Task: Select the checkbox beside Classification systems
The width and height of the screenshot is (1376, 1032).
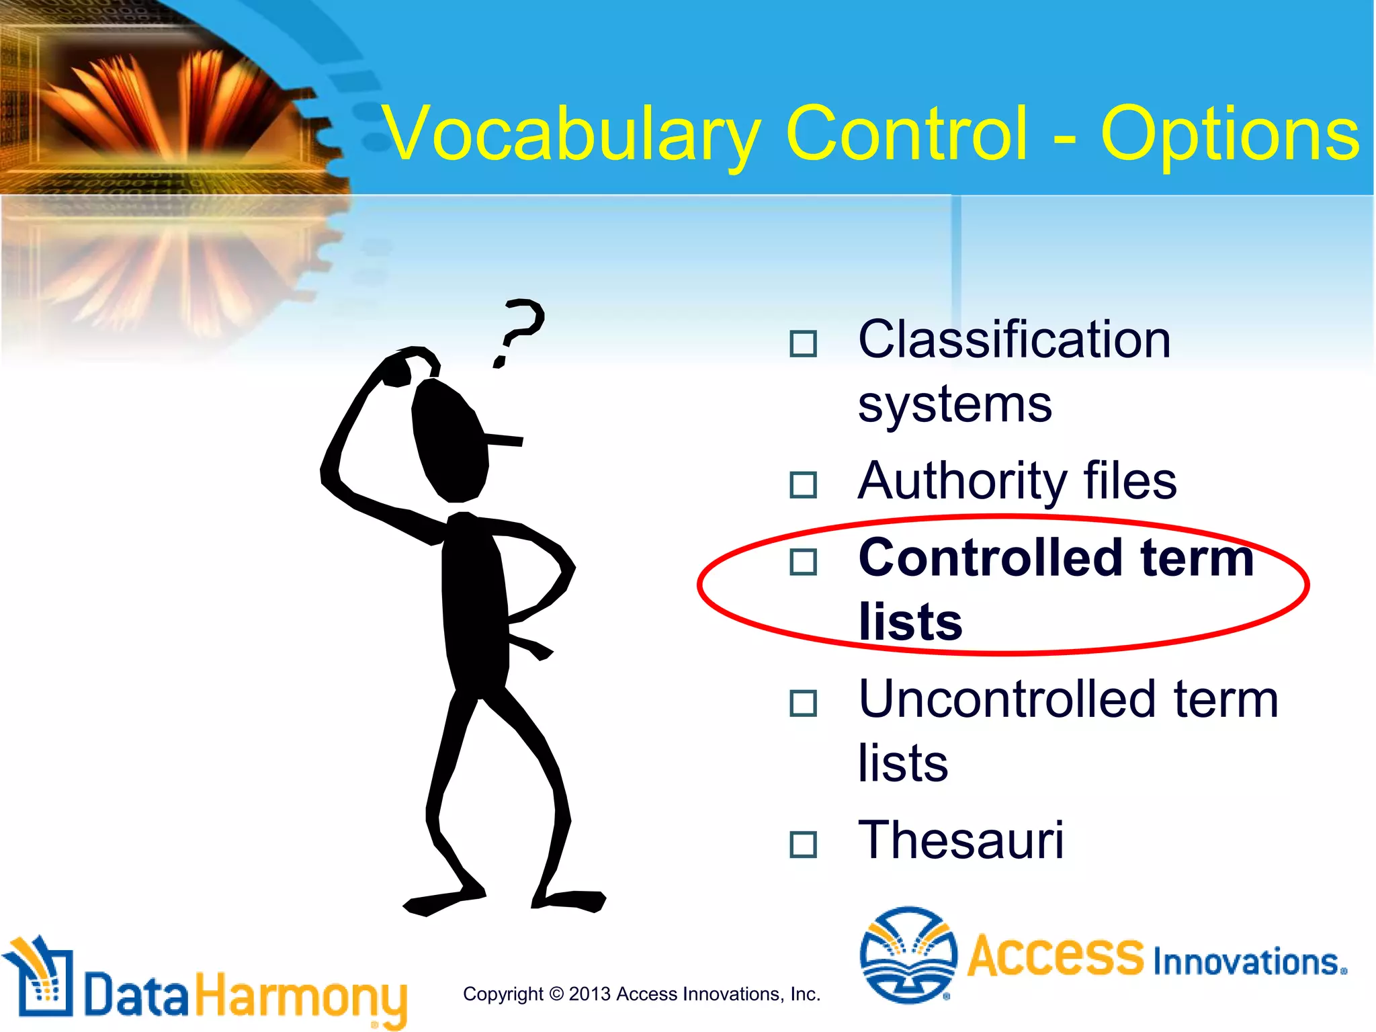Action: point(803,343)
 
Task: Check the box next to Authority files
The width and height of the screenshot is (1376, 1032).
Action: point(803,484)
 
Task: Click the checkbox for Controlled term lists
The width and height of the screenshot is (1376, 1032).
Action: point(803,562)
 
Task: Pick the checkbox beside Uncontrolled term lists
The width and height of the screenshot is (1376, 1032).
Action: point(803,703)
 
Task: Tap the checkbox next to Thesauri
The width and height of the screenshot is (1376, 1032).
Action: point(803,845)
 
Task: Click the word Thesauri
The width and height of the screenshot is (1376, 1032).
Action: point(961,840)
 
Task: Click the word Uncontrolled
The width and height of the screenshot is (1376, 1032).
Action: point(1008,699)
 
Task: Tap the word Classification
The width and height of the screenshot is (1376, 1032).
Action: point(1015,340)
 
